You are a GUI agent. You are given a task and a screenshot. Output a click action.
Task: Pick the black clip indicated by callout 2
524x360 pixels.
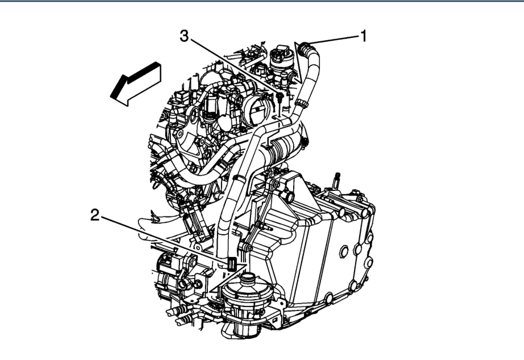click(x=232, y=263)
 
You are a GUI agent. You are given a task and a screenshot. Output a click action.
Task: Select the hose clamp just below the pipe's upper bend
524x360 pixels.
click(x=300, y=102)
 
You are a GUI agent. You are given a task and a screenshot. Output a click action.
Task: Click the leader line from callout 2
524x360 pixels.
click(x=163, y=240)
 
